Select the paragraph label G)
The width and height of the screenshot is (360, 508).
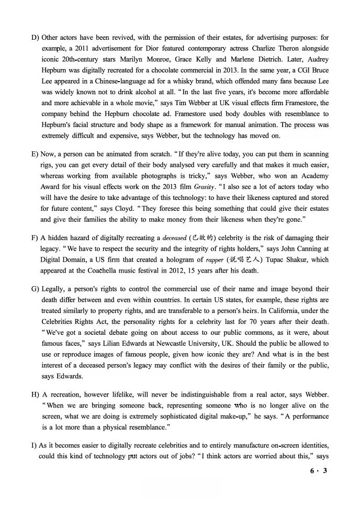coord(35,289)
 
